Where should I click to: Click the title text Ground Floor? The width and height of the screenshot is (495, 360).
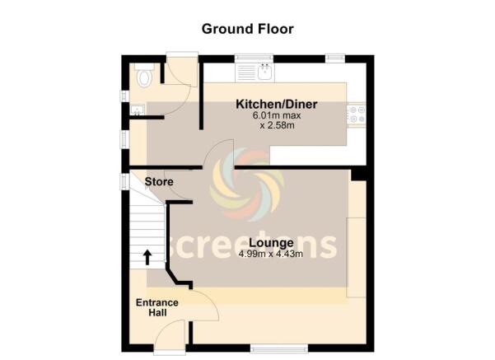pos(247,29)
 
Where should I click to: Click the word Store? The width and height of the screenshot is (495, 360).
pos(157,181)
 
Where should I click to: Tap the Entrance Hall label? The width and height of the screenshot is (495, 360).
pos(156,307)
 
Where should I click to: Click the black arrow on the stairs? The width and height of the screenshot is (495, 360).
pos(147,257)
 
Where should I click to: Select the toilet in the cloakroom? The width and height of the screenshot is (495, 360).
pos(145,77)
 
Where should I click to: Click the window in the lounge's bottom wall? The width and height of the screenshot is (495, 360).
pos(273,349)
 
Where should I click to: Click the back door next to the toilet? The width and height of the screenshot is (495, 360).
pos(181,58)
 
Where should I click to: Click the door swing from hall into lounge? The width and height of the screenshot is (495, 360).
pos(205,306)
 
